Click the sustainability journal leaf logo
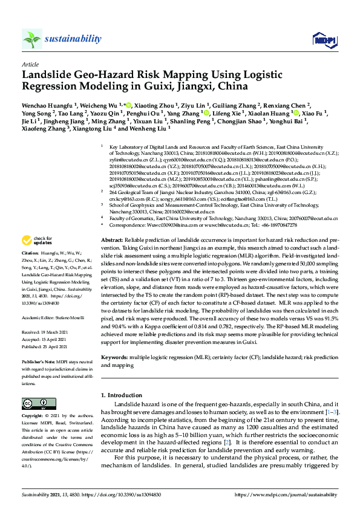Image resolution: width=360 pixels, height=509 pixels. coord(31,39)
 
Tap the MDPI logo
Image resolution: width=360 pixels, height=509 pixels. coord(324,40)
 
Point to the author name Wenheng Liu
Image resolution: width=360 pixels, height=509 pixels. coord(152,128)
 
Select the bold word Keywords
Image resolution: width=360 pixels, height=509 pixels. coord(114,357)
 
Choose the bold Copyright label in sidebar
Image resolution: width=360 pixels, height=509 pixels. coord(32,416)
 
